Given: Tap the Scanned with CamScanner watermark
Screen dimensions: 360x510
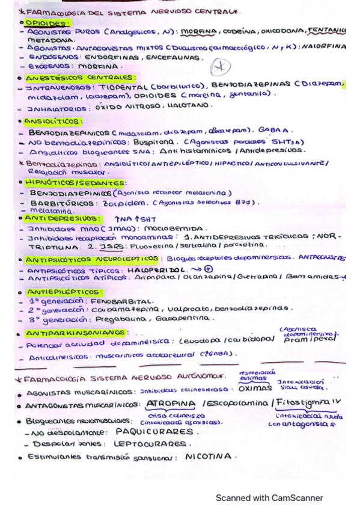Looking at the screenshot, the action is point(269,497).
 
